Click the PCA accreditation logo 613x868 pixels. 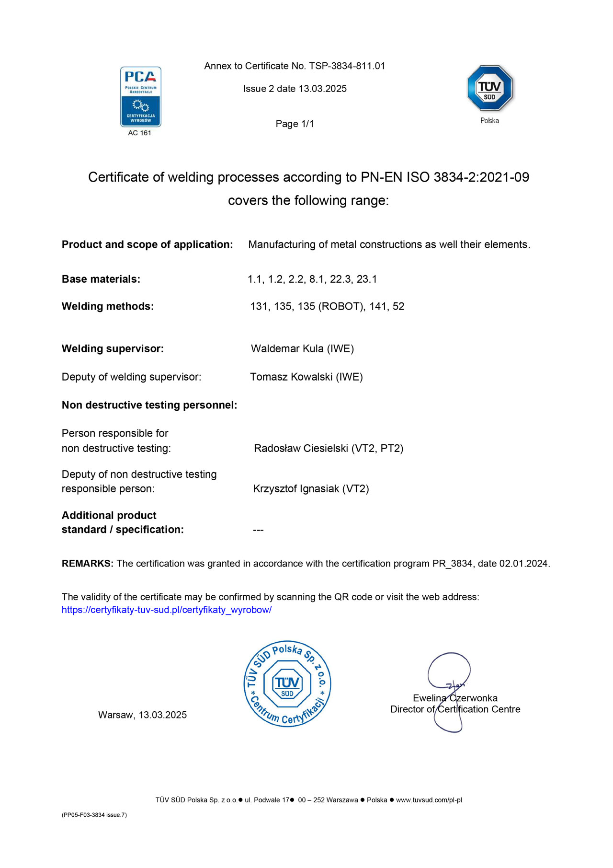[x=140, y=97]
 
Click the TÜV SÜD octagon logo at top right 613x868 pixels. [x=489, y=89]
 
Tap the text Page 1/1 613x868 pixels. [x=295, y=124]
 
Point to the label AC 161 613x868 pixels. [x=139, y=133]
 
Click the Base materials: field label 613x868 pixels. [x=101, y=279]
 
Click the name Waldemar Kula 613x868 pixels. [x=287, y=349]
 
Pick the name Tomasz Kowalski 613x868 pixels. [x=291, y=377]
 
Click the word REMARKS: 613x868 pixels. [x=88, y=564]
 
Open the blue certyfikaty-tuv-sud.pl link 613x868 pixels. [x=167, y=610]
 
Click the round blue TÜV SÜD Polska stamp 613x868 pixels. [x=287, y=684]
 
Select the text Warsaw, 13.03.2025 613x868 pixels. [x=142, y=715]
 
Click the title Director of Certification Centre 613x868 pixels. [x=455, y=709]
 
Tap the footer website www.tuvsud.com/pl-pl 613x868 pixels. [x=429, y=800]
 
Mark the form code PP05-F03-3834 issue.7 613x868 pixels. [x=94, y=815]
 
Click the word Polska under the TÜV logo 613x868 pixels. [x=489, y=121]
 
